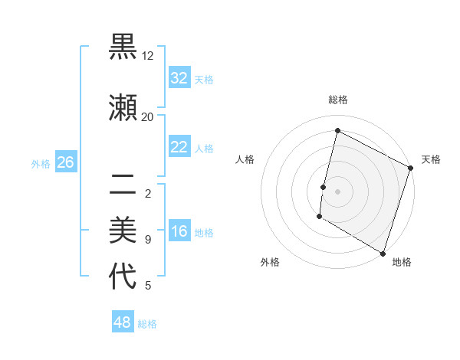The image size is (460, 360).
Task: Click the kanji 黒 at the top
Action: pyautogui.click(x=123, y=47)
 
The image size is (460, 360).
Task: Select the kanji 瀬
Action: pyautogui.click(x=123, y=106)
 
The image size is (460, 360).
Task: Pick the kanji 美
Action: pyautogui.click(x=123, y=230)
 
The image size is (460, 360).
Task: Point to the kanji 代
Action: pyautogui.click(x=123, y=277)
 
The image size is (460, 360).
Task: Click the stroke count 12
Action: pyautogui.click(x=148, y=56)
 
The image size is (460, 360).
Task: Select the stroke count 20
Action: pyautogui.click(x=148, y=116)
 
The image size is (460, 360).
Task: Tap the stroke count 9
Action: pyautogui.click(x=148, y=240)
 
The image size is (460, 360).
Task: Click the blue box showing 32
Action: pyautogui.click(x=179, y=78)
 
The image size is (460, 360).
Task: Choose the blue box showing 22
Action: pyautogui.click(x=179, y=147)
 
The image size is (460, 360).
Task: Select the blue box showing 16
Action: pyautogui.click(x=179, y=232)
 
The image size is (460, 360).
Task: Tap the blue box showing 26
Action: pyautogui.click(x=65, y=162)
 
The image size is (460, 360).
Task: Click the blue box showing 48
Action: pyautogui.click(x=122, y=322)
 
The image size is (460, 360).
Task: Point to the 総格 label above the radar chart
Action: pyautogui.click(x=337, y=100)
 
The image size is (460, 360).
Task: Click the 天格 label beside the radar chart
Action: pyautogui.click(x=431, y=159)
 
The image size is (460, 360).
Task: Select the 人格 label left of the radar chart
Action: pyautogui.click(x=245, y=159)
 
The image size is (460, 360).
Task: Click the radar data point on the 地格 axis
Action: pyautogui.click(x=383, y=253)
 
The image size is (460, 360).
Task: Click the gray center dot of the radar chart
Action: pyautogui.click(x=337, y=191)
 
